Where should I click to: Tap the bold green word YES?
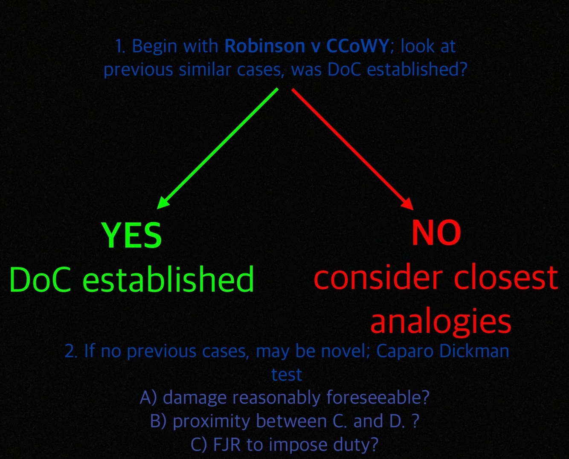pos(131,235)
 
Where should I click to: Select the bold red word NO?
pos(436,233)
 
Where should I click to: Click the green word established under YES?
pos(168,280)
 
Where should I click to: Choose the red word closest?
pos(506,278)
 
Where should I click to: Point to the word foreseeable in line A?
pos(377,398)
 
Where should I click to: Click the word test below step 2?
pos(286,375)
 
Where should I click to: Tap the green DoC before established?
pos(40,280)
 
